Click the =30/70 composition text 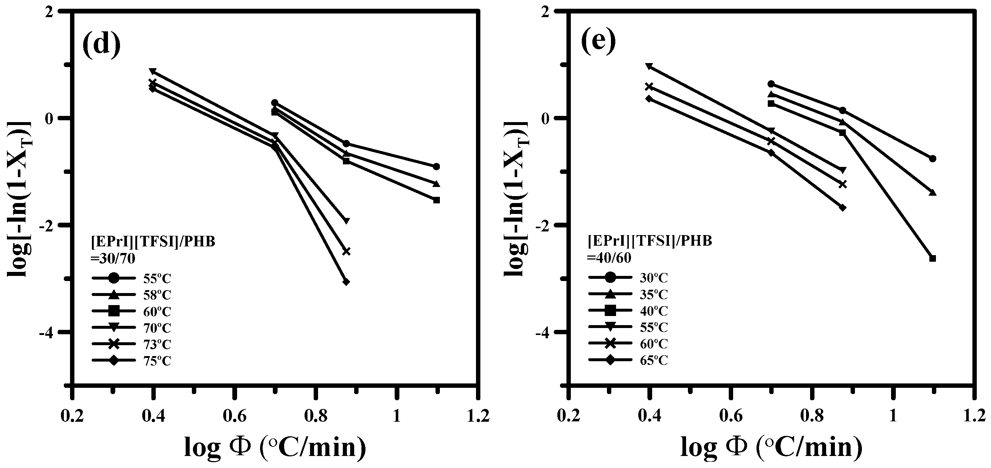click(x=113, y=258)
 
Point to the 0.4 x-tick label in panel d click(x=153, y=417)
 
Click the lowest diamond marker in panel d click(x=346, y=282)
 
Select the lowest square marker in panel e click(x=932, y=258)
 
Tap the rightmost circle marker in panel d click(x=436, y=167)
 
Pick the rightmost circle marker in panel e click(x=932, y=159)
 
